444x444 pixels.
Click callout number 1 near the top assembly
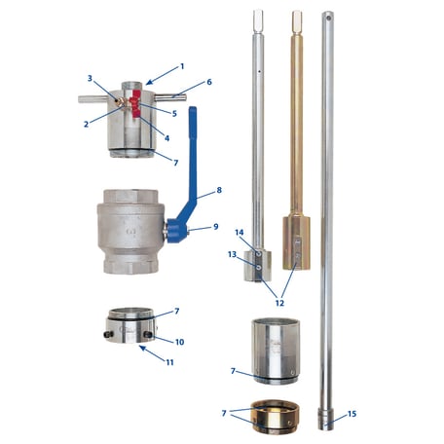(181, 66)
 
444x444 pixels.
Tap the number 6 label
(207, 84)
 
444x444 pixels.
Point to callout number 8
(219, 190)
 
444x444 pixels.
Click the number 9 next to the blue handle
(215, 228)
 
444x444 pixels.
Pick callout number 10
(179, 341)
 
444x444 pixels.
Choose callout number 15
(351, 414)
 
